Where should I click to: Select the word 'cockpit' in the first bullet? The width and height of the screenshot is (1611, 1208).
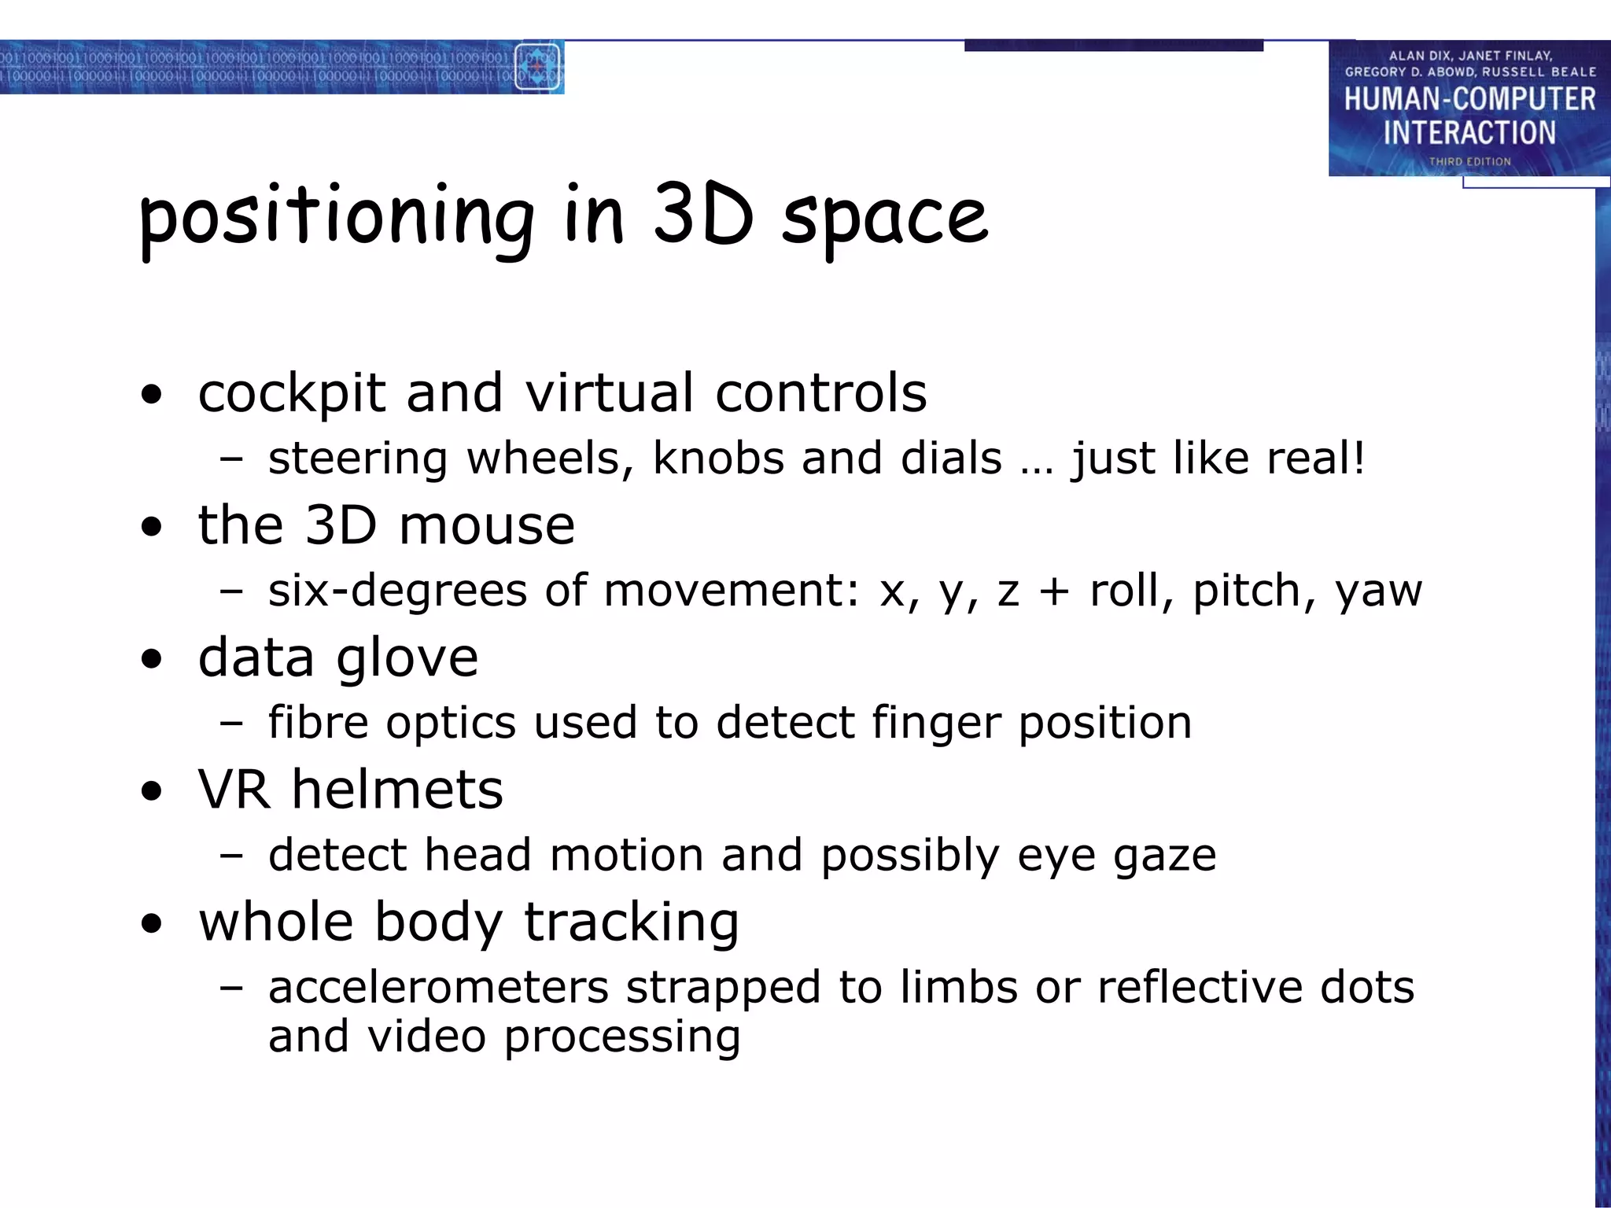pos(292,392)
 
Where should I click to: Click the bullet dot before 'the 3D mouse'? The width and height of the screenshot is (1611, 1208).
pos(152,527)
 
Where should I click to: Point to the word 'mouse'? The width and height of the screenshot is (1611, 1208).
pos(487,525)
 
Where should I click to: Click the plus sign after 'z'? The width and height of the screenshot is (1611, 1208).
pos(1054,591)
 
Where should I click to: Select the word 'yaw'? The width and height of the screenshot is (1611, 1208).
pos(1378,591)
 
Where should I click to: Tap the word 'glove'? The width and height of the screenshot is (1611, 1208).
pos(407,658)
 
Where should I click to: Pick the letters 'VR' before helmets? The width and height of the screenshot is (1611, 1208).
pos(234,790)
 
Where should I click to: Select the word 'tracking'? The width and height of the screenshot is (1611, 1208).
pos(631,923)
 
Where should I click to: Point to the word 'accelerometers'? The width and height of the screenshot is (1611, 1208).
pos(438,988)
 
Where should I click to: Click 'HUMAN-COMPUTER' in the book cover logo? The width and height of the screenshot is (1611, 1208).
pos(1469,100)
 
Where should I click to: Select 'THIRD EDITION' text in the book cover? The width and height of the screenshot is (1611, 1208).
pos(1469,161)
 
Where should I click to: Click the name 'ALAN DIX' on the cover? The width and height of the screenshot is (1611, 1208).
pos(1419,56)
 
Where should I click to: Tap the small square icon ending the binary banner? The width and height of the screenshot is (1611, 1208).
pos(537,67)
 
